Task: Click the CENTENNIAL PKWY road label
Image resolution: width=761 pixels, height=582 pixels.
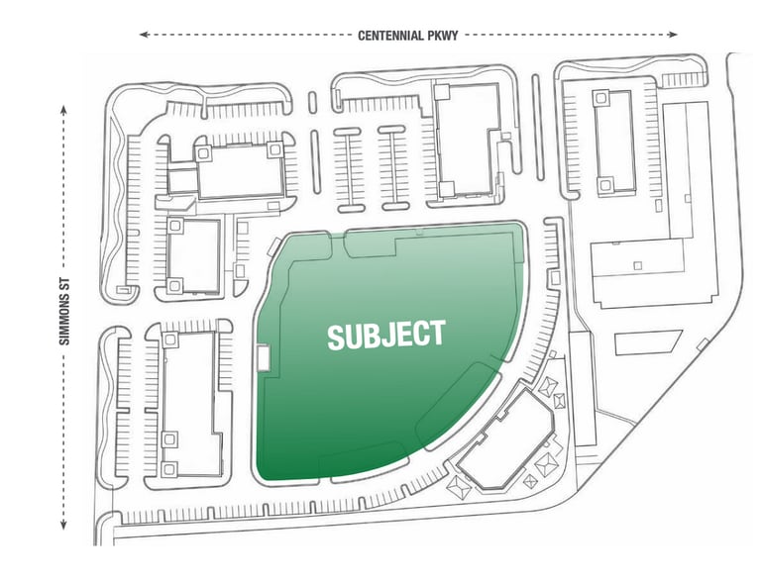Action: (407, 35)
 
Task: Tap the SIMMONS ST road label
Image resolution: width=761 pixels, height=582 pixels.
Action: (64, 312)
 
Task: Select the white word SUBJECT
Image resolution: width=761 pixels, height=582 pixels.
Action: (386, 335)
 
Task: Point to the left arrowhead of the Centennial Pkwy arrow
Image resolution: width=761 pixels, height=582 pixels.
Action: (143, 35)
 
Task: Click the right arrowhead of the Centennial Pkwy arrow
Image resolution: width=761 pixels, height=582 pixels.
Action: (673, 35)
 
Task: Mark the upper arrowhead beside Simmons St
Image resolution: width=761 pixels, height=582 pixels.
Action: (63, 109)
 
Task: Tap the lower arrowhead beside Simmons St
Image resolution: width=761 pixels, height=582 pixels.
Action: (63, 525)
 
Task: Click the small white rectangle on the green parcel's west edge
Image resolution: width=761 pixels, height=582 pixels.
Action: (263, 357)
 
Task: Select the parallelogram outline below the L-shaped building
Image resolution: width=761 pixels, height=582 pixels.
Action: (648, 342)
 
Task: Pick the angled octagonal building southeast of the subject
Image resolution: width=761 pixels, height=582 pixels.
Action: (506, 439)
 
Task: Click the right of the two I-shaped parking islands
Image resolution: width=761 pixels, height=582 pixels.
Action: (393, 168)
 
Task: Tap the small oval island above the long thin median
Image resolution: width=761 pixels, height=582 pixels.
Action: (312, 102)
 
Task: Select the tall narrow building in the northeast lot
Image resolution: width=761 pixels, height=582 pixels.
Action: (614, 143)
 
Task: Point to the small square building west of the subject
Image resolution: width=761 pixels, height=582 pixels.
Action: (193, 256)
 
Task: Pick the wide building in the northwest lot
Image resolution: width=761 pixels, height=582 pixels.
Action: (239, 170)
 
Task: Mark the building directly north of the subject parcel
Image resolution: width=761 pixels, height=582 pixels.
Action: (467, 141)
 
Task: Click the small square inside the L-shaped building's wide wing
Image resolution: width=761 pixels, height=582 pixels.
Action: (638, 265)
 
